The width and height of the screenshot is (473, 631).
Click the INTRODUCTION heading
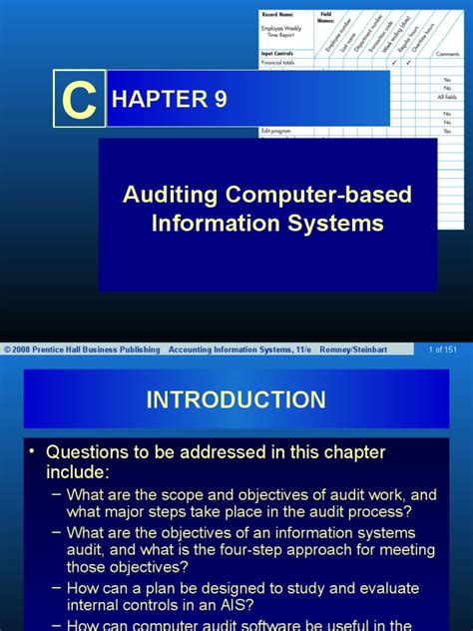click(x=236, y=400)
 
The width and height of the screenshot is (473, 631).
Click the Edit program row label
click(x=276, y=131)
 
